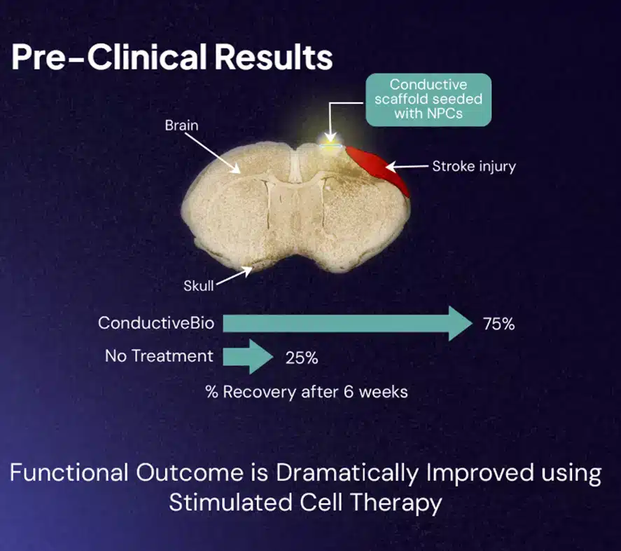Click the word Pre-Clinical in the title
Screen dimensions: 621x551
[109, 57]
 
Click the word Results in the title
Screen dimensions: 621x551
[274, 57]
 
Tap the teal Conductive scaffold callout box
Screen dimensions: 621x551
[428, 100]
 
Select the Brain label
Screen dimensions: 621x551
[181, 125]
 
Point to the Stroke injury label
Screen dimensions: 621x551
[474, 166]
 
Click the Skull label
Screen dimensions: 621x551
[198, 285]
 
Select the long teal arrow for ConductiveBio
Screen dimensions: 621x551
[348, 324]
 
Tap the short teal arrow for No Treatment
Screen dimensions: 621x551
[248, 357]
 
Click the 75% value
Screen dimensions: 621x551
[498, 324]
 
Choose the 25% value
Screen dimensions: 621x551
[302, 358]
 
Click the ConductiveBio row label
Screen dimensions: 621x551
[156, 323]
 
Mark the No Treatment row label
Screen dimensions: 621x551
[159, 356]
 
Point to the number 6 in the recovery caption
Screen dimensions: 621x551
[349, 392]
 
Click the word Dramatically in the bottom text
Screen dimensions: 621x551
[347, 474]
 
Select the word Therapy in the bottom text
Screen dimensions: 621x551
[396, 503]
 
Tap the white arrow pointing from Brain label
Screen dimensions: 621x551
[213, 153]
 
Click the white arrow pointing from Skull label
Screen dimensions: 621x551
[235, 275]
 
